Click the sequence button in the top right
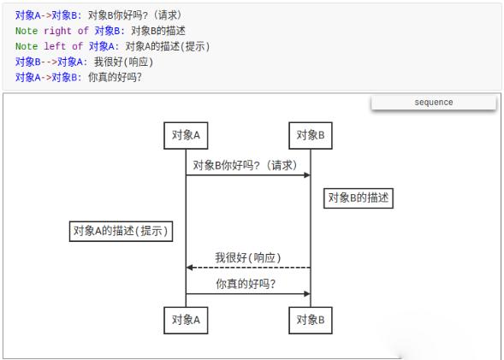pyautogui.click(x=434, y=103)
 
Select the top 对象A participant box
pyautogui.click(x=186, y=135)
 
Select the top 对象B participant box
pyautogui.click(x=311, y=135)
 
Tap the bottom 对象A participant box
pyautogui.click(x=186, y=320)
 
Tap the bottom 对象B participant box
pyautogui.click(x=311, y=320)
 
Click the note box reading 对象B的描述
pyautogui.click(x=359, y=198)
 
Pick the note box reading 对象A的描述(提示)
pyautogui.click(x=122, y=231)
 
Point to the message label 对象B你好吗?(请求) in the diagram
pyautogui.click(x=245, y=165)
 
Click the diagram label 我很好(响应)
pyautogui.click(x=248, y=257)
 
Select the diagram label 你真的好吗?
pyautogui.click(x=246, y=284)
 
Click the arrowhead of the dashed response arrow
pyautogui.click(x=190, y=268)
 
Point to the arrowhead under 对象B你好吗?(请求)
pyautogui.click(x=307, y=175)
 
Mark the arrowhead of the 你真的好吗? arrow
pyautogui.click(x=307, y=293)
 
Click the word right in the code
pyautogui.click(x=57, y=31)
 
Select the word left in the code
pyautogui.click(x=55, y=46)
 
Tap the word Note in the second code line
pyautogui.click(x=27, y=31)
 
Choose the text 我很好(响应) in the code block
pyautogui.click(x=123, y=62)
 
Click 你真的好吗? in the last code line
pyautogui.click(x=115, y=77)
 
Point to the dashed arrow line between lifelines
pyautogui.click(x=248, y=268)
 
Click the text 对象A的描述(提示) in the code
pyautogui.click(x=168, y=46)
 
